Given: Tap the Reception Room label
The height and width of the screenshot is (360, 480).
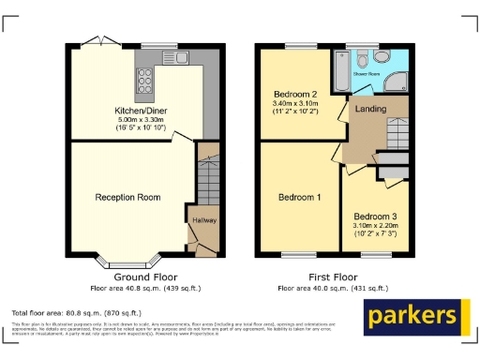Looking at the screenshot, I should (x=127, y=197).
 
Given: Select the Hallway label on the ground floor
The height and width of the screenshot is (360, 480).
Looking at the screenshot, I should (x=203, y=220).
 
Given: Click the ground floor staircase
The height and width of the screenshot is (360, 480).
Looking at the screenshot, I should (x=207, y=178).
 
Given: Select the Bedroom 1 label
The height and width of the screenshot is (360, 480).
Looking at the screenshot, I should (x=299, y=198).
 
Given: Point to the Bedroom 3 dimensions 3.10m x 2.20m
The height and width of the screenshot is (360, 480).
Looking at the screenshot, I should (x=375, y=226).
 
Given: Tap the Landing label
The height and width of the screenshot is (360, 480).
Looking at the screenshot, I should (x=367, y=109).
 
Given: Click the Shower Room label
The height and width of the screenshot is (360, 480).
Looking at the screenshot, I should (x=365, y=71).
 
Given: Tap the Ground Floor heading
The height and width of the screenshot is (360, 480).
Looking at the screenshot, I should (x=145, y=277).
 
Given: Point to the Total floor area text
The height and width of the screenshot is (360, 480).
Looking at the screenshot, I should (x=76, y=311).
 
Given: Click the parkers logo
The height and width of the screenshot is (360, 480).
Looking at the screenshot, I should (x=415, y=317).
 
